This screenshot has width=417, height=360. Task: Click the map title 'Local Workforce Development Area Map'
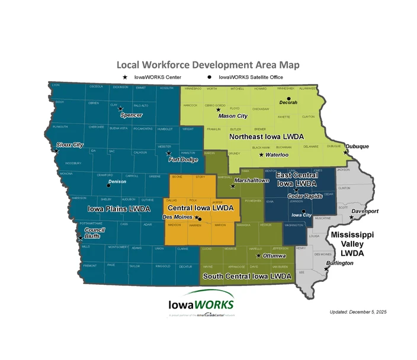click(x=208, y=65)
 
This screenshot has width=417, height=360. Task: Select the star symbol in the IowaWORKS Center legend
click(x=124, y=77)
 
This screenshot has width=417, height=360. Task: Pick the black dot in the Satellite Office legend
click(x=209, y=77)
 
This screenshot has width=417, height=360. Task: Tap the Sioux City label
click(x=70, y=144)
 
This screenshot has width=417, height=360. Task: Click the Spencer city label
click(x=131, y=115)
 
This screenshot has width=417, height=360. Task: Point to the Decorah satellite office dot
click(x=288, y=98)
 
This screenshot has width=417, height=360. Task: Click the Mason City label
click(x=233, y=116)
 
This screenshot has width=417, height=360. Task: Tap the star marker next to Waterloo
click(x=261, y=155)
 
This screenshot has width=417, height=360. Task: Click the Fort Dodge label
click(x=182, y=159)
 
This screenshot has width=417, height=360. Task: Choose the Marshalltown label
click(x=252, y=180)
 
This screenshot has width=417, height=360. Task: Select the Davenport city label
click(x=365, y=211)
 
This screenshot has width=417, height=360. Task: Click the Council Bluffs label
click(x=95, y=233)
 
